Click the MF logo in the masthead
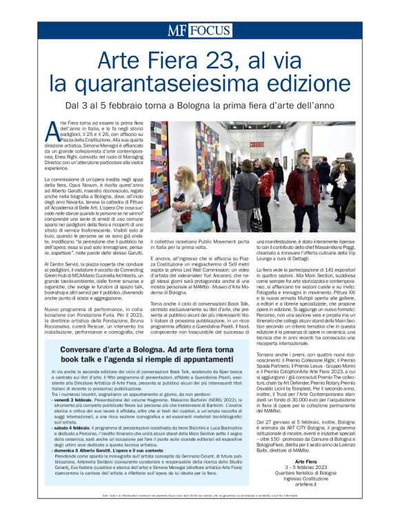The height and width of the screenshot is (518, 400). (177, 31)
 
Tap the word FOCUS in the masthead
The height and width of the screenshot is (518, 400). (208, 31)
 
